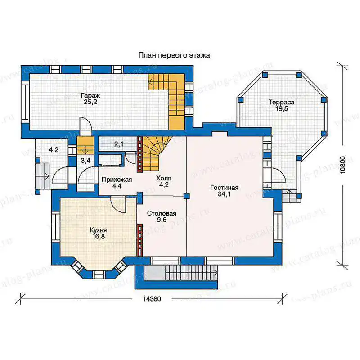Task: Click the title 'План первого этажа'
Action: point(174,55)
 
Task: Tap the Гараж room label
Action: point(90,95)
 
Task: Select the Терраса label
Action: point(282,102)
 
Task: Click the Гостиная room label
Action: point(224,188)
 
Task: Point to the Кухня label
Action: point(98,230)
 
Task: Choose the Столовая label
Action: point(162,213)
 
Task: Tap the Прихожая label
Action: point(117,180)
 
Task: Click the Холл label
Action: point(164,178)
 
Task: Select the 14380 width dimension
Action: point(152,299)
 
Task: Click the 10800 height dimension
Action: point(342,165)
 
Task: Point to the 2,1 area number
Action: point(119,144)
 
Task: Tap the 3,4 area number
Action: point(85,161)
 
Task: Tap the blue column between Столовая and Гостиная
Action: point(186,196)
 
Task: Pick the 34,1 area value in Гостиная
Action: point(224,194)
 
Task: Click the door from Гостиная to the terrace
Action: point(278,175)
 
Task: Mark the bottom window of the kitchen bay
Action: point(99,274)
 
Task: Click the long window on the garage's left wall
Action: point(25,102)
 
